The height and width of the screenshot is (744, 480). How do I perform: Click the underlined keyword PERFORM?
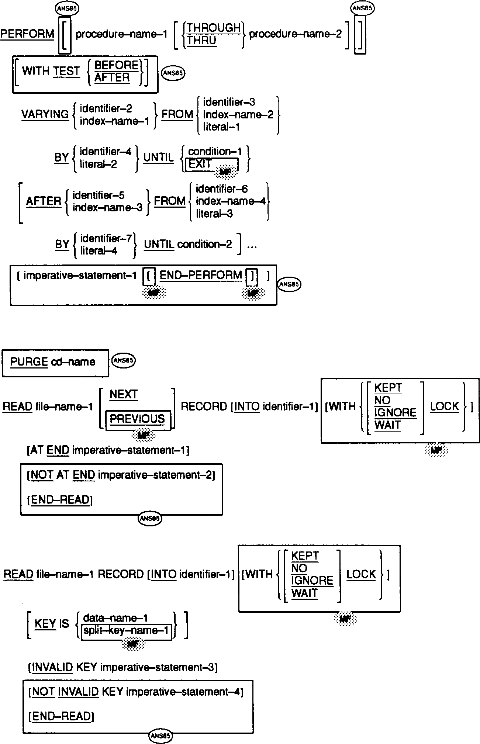[x=27, y=34]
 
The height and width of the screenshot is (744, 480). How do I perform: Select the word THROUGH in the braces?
[x=214, y=28]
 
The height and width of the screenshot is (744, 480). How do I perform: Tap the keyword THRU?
[x=201, y=40]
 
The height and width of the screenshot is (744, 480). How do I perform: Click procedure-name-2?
[x=295, y=34]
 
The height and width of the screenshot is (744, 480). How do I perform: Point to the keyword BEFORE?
[x=116, y=65]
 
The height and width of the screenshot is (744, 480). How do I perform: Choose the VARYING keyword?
[x=45, y=114]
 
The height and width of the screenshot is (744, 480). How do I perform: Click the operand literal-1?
[x=221, y=127]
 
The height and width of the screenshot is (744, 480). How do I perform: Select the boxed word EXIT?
[x=200, y=164]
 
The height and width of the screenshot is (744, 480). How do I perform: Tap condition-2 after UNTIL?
[x=205, y=244]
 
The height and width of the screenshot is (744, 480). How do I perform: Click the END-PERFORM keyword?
[x=201, y=275]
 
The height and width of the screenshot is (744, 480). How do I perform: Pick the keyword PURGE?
[x=29, y=362]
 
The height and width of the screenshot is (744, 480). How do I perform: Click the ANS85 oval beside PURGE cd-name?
[x=124, y=360]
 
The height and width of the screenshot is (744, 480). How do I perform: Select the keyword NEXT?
[x=124, y=394]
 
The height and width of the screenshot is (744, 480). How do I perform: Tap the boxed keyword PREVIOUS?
[x=137, y=419]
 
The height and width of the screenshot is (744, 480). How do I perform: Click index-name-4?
[x=231, y=201]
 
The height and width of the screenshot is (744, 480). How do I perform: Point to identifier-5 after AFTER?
[x=99, y=195]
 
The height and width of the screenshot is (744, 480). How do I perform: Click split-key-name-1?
[x=126, y=630]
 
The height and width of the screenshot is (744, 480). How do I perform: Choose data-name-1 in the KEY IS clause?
[x=116, y=618]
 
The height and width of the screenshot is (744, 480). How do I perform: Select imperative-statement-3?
[x=159, y=667]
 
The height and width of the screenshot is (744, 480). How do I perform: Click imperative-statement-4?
[x=184, y=692]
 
